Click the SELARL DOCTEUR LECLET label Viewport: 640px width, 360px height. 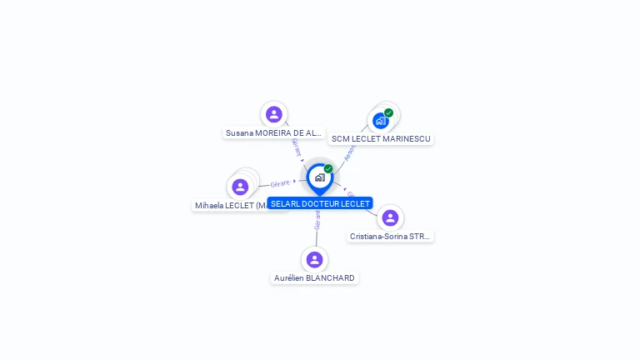point(320,203)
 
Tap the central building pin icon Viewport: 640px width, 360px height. point(319,177)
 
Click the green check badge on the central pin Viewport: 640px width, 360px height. point(328,169)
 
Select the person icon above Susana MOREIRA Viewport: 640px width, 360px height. point(273,114)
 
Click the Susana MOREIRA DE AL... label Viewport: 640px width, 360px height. point(273,132)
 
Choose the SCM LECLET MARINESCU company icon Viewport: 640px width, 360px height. point(381,121)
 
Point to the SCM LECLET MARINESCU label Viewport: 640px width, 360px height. point(381,138)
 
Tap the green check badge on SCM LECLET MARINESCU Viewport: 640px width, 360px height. point(388,113)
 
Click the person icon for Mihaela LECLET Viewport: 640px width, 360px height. point(241,187)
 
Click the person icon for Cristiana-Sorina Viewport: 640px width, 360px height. point(390,217)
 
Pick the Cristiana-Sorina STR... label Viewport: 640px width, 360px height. point(390,236)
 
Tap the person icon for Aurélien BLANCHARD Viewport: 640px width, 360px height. point(314,259)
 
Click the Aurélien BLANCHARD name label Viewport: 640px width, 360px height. point(314,277)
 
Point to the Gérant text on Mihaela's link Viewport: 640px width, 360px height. point(280,183)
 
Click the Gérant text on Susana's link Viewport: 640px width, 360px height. point(296,147)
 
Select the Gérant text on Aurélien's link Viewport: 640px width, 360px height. point(317,220)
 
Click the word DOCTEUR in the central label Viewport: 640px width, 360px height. point(321,203)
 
